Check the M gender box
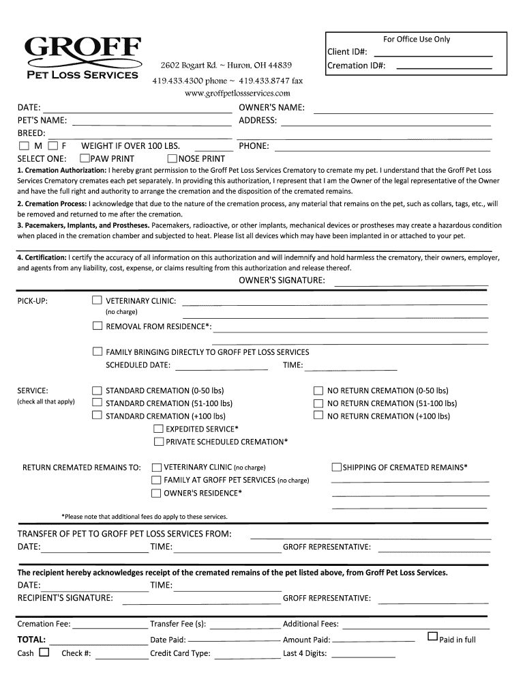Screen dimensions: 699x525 [x=25, y=146]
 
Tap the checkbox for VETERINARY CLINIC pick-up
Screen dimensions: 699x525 [x=97, y=300]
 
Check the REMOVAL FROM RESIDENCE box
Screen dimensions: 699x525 [x=97, y=326]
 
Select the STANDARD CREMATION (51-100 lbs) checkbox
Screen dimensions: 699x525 [x=97, y=403]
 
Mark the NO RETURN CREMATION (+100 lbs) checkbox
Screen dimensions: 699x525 [x=318, y=416]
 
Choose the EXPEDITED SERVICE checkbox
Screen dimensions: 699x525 [x=158, y=429]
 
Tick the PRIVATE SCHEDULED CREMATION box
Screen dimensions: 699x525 [x=158, y=442]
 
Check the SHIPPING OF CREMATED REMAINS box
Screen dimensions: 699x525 [x=336, y=468]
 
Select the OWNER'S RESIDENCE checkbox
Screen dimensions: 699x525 [x=156, y=494]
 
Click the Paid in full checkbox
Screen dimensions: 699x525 [x=432, y=636]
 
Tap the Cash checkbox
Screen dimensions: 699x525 [x=44, y=653]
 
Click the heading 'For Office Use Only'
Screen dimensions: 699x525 [x=416, y=39]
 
